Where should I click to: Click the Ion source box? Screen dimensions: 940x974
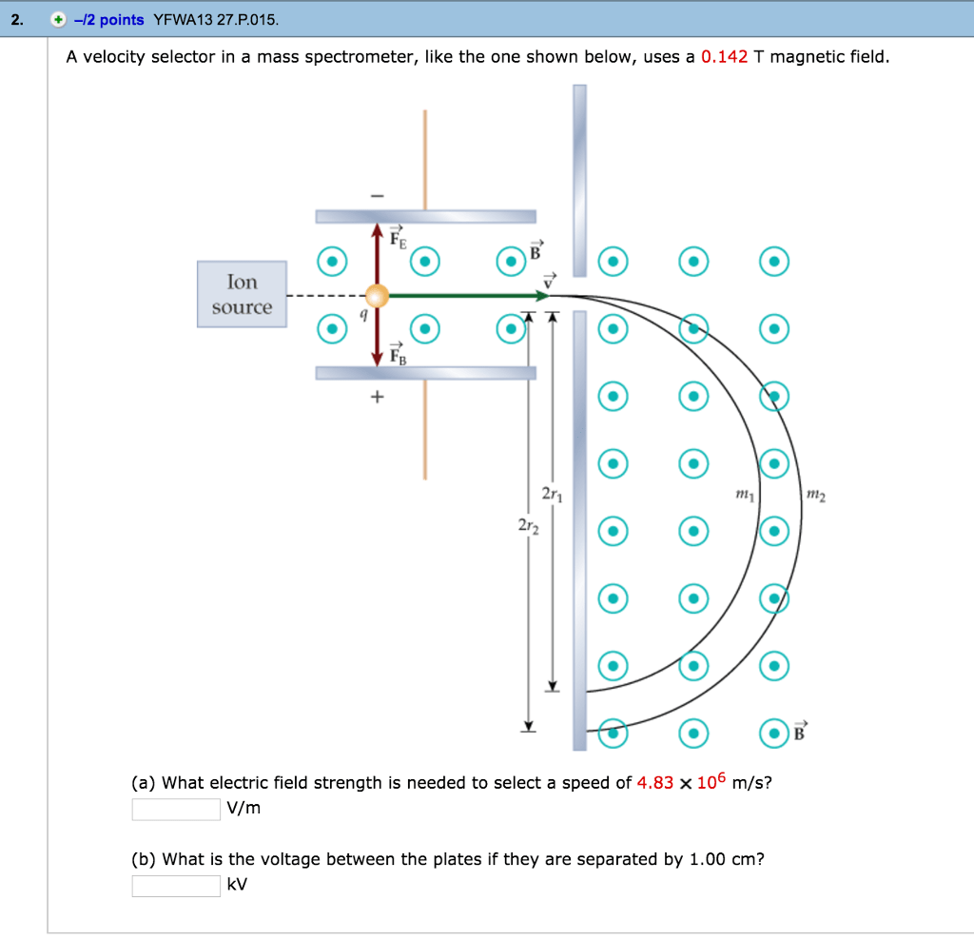[242, 294]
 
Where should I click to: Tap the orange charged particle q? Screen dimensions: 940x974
[378, 296]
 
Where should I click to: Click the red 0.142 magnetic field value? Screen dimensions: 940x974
[724, 57]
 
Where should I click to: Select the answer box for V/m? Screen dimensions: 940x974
[176, 809]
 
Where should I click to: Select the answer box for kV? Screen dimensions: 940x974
[176, 885]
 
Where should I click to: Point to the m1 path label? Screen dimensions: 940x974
[745, 493]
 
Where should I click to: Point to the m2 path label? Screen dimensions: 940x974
[815, 493]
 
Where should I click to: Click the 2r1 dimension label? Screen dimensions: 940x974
[552, 494]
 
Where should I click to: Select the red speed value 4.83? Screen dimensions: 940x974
[654, 783]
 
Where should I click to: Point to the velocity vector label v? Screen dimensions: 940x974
[549, 279]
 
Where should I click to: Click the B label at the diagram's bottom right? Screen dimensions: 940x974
[799, 733]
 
